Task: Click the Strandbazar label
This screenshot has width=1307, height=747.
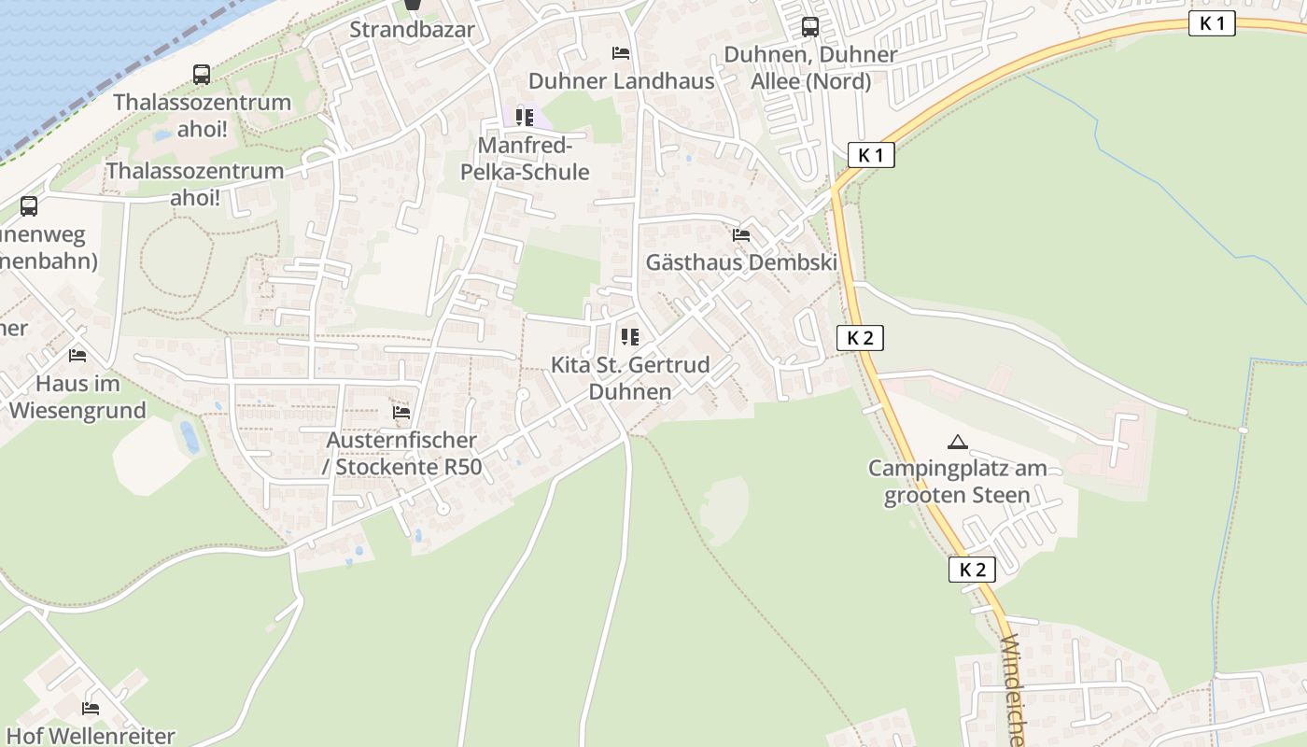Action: pos(412,30)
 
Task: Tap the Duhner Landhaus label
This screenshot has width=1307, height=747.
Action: pos(621,81)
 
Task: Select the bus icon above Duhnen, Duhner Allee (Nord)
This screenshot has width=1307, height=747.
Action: pos(810,27)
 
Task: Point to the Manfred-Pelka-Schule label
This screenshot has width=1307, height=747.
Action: pos(525,159)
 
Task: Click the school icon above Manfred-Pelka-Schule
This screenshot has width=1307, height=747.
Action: pos(525,118)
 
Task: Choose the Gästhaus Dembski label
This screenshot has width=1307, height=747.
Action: pos(741,262)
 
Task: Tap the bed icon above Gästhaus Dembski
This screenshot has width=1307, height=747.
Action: pos(741,235)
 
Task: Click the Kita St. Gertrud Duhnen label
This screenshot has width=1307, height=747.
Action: pos(630,378)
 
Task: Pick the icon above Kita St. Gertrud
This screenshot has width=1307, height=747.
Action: pos(630,337)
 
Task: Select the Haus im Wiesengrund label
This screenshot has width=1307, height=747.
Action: pos(77,397)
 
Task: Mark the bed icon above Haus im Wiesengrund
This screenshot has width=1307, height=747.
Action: pos(77,356)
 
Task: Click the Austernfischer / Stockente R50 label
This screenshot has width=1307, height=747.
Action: pos(401,453)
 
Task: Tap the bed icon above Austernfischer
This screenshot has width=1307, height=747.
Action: pos(401,412)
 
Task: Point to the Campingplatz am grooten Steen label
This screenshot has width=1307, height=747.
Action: pos(957,482)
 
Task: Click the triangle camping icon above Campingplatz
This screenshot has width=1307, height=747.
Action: pos(957,442)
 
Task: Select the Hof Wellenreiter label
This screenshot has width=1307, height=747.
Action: pos(91,736)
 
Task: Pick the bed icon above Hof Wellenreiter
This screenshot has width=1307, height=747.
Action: pos(91,709)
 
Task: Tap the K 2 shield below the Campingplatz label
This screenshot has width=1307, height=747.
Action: pos(972,570)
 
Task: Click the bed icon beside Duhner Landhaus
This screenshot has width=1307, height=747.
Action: pos(621,53)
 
